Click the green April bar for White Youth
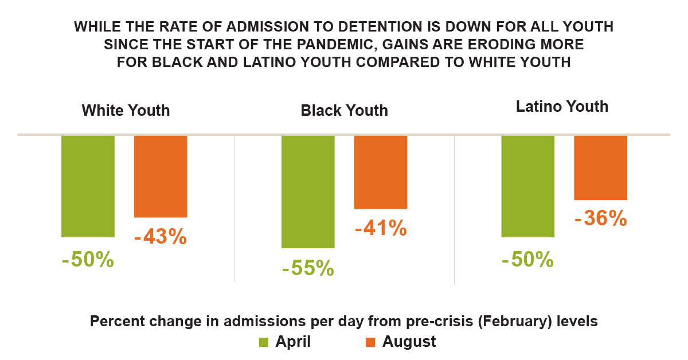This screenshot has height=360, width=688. [88, 186]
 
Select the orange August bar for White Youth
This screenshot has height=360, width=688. [161, 177]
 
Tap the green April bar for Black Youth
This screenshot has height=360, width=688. [308, 191]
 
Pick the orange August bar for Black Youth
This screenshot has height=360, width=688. [381, 172]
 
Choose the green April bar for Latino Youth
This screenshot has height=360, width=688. [527, 186]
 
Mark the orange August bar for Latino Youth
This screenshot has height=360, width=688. [600, 167]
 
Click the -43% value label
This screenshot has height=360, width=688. [160, 237]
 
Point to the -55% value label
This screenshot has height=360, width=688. [308, 268]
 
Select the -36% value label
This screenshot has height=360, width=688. [600, 218]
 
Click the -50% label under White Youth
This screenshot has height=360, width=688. [88, 260]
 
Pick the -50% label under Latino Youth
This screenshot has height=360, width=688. [527, 260]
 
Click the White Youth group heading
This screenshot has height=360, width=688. [126, 110]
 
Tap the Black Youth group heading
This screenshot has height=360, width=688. [344, 110]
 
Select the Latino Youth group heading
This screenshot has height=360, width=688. [562, 107]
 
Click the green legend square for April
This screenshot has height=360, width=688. [264, 342]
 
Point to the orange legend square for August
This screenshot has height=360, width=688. [370, 342]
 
